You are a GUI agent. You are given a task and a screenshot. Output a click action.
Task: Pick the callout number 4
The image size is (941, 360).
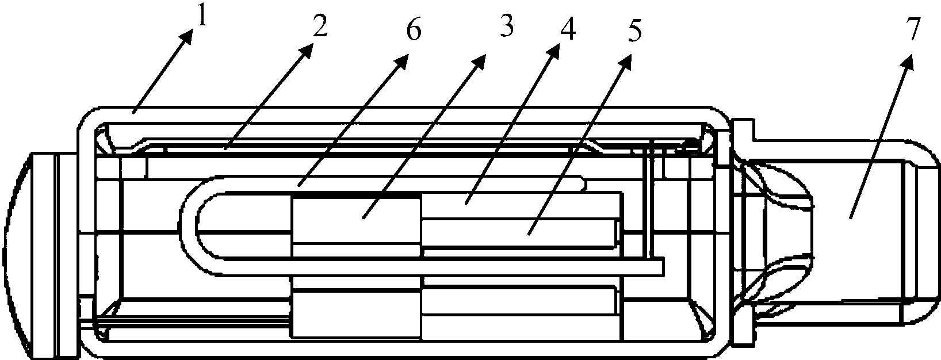point(568,28)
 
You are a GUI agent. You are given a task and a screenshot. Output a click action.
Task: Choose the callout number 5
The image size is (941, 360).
point(635,30)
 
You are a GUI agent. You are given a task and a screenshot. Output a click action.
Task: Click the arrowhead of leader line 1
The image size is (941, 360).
point(188,37)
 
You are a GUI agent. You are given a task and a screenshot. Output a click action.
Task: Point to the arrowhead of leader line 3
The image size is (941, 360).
point(479,62)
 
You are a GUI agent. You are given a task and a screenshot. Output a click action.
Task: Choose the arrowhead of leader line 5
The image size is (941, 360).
point(626,63)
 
